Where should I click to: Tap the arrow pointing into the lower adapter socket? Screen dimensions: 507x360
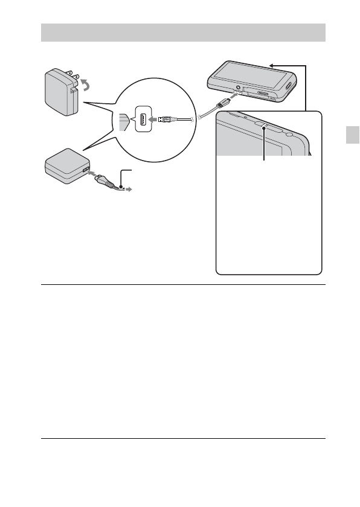tap(92, 174)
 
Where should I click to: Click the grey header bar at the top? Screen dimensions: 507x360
tap(183, 32)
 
